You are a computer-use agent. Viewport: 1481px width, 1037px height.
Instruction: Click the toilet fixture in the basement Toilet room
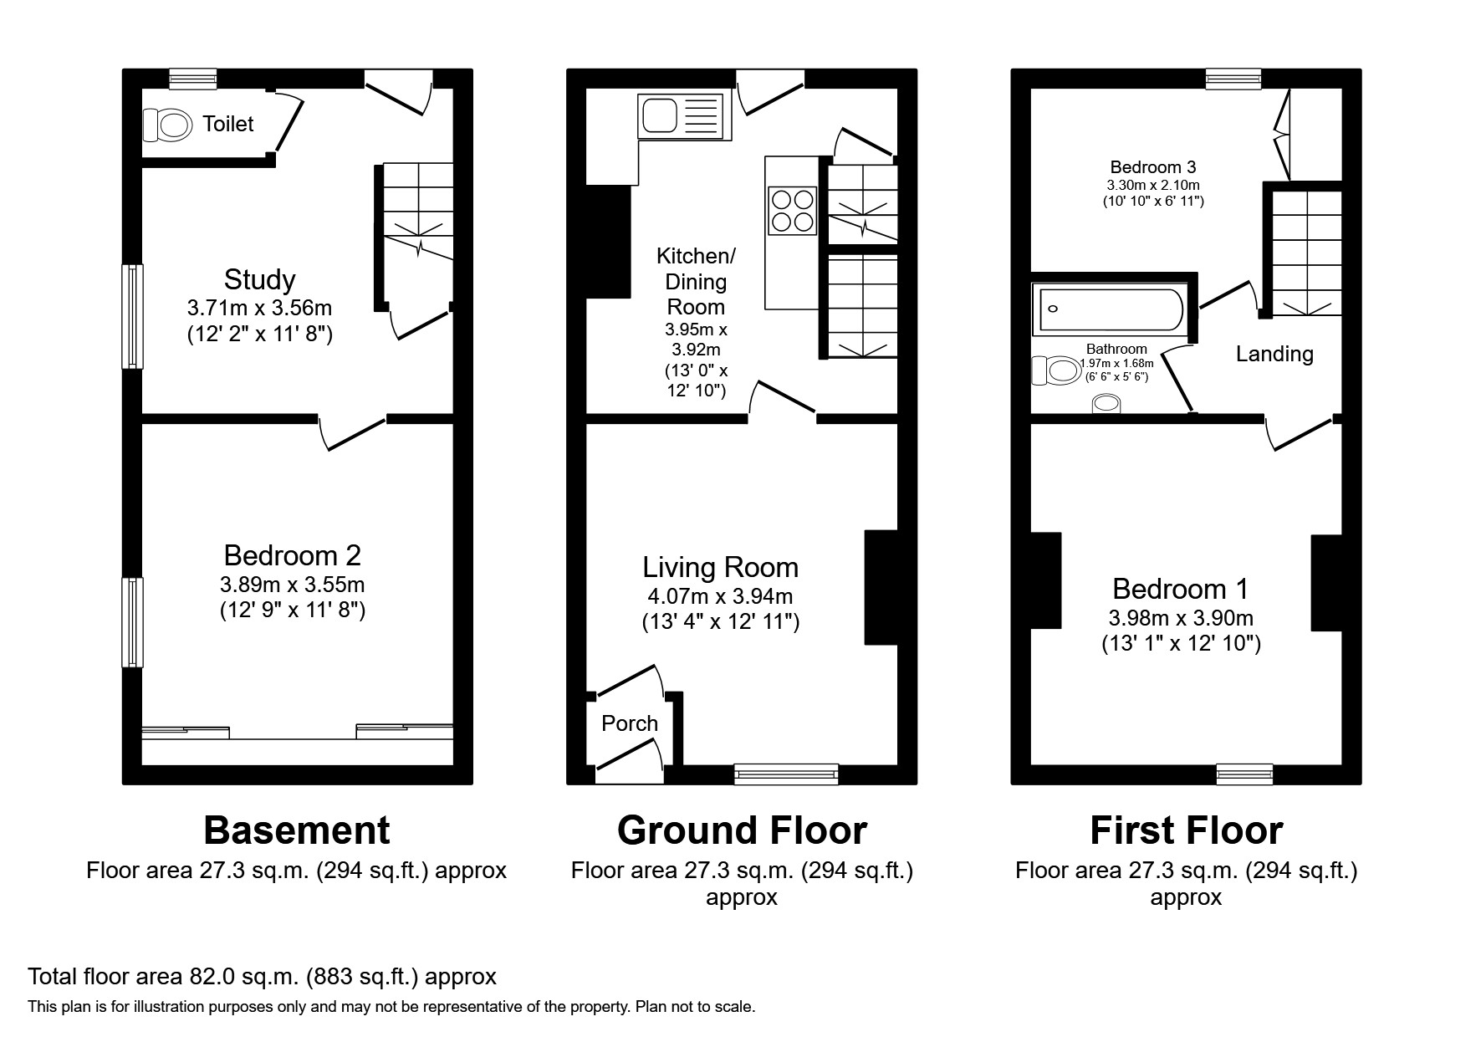tap(167, 126)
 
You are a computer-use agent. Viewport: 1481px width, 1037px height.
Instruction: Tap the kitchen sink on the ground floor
tap(680, 116)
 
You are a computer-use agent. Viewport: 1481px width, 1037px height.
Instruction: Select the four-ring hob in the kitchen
tap(792, 210)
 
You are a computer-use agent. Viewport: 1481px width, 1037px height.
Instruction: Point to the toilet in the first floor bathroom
tap(1056, 370)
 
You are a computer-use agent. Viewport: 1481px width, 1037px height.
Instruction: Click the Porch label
tap(630, 723)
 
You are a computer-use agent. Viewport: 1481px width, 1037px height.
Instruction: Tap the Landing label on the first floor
tap(1274, 354)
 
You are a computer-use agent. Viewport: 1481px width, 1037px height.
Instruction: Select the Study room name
tap(259, 279)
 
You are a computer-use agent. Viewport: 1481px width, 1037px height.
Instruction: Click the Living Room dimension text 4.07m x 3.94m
tap(720, 596)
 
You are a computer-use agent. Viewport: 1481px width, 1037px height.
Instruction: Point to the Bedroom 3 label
tap(1152, 167)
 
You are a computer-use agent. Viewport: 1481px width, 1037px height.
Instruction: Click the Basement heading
tap(297, 830)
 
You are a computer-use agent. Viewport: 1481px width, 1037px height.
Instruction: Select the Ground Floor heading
tap(742, 830)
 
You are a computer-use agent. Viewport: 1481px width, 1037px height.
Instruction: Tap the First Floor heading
tap(1186, 830)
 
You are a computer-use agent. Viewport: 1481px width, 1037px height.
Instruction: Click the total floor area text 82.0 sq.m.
tap(262, 976)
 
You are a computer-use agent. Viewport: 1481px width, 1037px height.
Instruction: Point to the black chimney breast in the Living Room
tap(881, 587)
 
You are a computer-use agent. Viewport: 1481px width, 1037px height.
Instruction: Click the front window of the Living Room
tap(786, 775)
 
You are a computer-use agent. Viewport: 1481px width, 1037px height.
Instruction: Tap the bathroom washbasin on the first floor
tap(1106, 405)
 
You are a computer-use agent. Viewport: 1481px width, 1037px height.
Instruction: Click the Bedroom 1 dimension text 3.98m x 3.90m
tap(1180, 618)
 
